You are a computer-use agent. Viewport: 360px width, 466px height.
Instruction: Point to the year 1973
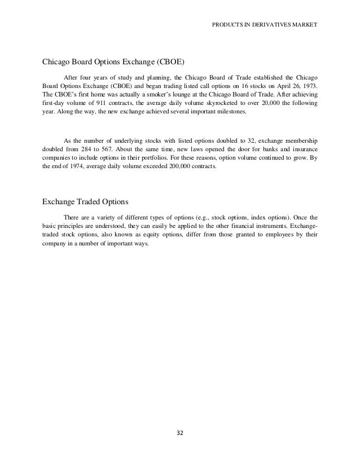(x=309, y=85)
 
